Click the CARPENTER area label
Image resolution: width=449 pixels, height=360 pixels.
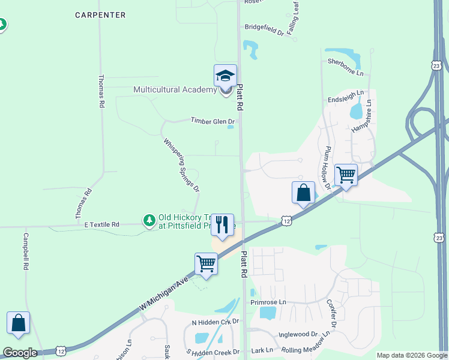(100, 15)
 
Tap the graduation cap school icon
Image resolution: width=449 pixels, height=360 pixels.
(225, 76)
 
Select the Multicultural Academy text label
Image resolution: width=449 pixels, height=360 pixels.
(175, 90)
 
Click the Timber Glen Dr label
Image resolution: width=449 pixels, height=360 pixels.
(213, 121)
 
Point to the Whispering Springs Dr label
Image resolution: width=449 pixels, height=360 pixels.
(181, 165)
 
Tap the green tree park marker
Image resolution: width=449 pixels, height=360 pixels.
(149, 221)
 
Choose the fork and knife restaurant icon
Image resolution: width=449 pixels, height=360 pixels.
(222, 225)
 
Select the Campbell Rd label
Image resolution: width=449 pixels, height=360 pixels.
(26, 251)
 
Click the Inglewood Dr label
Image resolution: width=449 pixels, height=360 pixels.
(298, 334)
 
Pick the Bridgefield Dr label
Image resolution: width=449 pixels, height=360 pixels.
(264, 27)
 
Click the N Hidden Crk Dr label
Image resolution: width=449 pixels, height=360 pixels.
(215, 322)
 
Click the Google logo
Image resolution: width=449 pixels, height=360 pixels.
(20, 353)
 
